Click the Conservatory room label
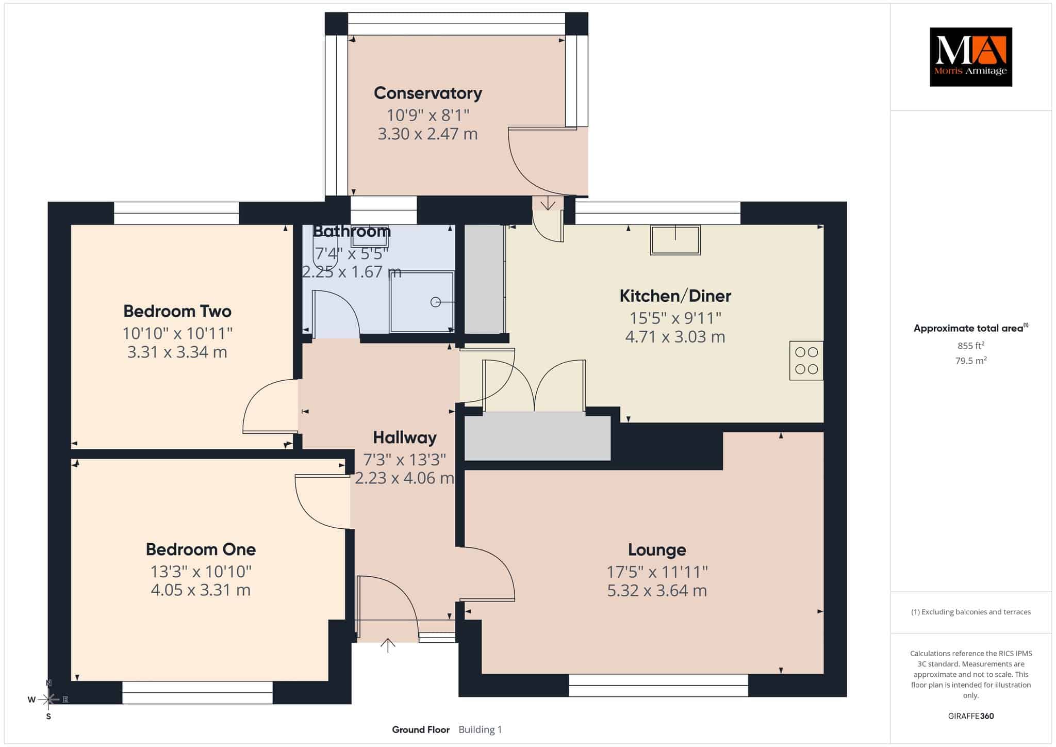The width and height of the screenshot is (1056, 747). pos(428,93)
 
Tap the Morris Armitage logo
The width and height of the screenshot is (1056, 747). pos(970,57)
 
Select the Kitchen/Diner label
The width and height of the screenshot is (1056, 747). pos(675,296)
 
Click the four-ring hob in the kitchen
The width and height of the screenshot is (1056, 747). pos(806,361)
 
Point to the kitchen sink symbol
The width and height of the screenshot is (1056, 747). pos(675,240)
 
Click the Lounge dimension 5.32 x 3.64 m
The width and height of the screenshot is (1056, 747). pos(656,590)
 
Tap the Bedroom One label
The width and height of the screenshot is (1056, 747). pos(201,549)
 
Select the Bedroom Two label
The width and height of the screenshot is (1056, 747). pos(177,311)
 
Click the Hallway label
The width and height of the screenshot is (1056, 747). pos(405,437)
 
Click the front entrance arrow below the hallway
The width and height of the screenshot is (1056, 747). pos(388,645)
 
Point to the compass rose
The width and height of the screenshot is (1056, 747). pos(48,700)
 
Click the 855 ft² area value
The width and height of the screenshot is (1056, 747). pos(970,345)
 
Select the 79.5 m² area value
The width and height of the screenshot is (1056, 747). pos(970,360)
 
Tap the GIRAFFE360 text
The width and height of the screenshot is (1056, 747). pos(970,716)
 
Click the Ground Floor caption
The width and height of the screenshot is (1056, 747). pos(421,729)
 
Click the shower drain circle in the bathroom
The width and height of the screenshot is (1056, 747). pos(436,302)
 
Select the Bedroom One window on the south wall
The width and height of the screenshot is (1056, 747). pos(197,692)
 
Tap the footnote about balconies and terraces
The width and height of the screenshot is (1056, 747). pos(970,612)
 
